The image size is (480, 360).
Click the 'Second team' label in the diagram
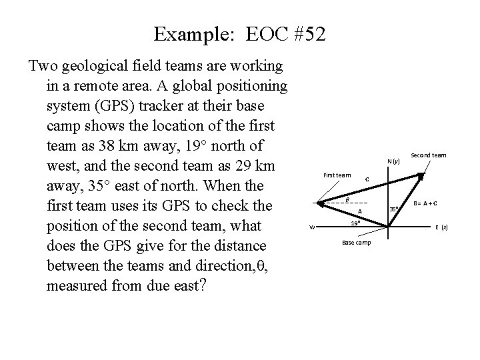[429, 155]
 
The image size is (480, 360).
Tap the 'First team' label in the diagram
[337, 175]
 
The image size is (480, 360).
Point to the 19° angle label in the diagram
[356, 223]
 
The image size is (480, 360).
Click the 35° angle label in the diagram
[394, 209]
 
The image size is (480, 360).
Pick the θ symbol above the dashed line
[347, 199]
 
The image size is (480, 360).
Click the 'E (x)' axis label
[441, 227]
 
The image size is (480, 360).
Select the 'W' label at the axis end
[312, 227]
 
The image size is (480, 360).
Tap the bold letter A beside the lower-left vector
[359, 211]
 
